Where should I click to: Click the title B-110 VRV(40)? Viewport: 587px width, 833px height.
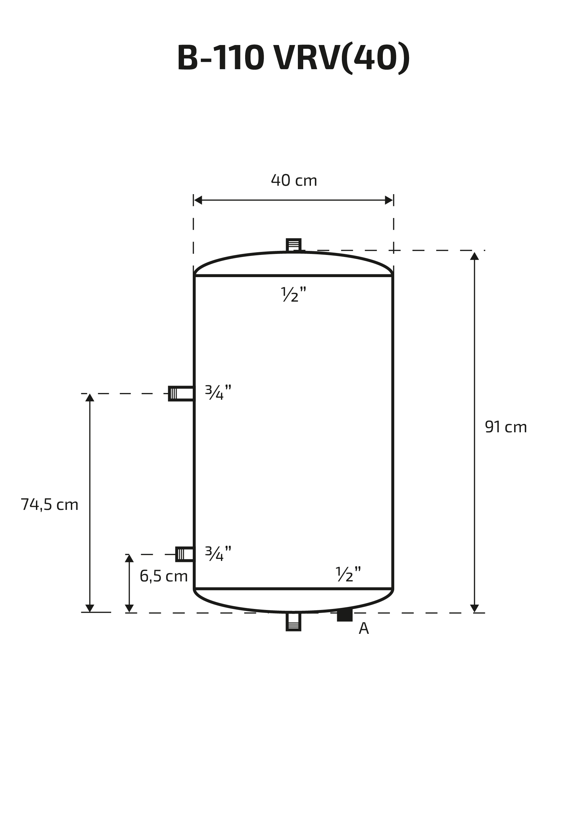293,58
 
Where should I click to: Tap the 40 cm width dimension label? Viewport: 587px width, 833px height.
294,180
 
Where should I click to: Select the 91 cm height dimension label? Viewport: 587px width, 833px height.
506,427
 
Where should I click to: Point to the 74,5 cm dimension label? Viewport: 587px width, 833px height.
49,505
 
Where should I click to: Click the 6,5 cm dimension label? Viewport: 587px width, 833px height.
164,576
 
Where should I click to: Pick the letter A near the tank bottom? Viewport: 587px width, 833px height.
364,628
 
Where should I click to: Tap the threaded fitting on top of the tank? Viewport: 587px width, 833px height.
293,245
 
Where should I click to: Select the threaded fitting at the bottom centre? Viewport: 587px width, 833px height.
293,622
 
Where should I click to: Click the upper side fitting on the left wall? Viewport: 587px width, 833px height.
181,394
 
